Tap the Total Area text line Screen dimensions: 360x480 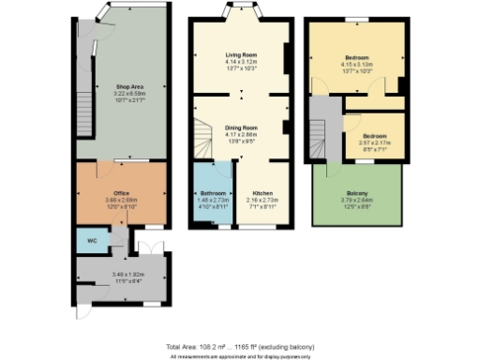pos(240,348)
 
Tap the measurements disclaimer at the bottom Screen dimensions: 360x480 pos(240,356)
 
